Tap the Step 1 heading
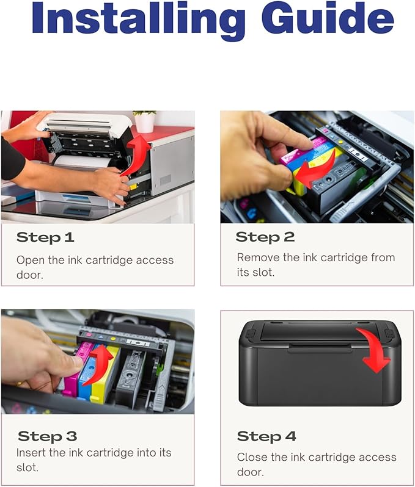click(x=46, y=237)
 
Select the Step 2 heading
click(x=265, y=237)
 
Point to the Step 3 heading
click(x=47, y=436)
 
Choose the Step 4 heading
click(x=266, y=436)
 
